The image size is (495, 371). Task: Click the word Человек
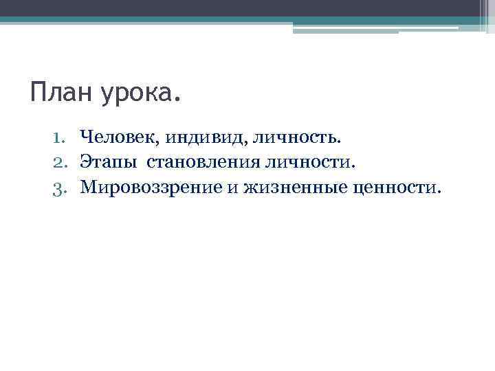[118, 139]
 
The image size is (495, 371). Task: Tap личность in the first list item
[296, 139]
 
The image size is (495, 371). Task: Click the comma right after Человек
[159, 144]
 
